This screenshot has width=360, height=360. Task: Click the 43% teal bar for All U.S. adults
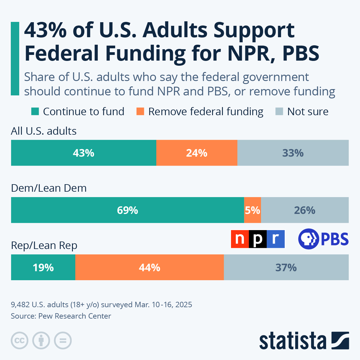[83, 153]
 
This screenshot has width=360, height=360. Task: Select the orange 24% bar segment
[196, 153]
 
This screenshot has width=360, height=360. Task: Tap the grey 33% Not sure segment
[293, 153]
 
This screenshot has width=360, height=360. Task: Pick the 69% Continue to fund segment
[127, 210]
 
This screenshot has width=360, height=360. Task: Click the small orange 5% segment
[252, 210]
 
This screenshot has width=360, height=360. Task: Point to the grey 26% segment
[304, 210]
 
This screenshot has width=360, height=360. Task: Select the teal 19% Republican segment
[43, 267]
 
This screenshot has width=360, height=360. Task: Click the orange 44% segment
[149, 267]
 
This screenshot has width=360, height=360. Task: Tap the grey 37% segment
[286, 267]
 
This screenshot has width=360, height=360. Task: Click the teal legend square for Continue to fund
[35, 112]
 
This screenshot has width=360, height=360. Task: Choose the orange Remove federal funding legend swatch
[140, 112]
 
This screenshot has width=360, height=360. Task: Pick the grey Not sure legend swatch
[279, 112]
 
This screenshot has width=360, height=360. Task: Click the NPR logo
[258, 239]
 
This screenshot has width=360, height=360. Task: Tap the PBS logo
[323, 239]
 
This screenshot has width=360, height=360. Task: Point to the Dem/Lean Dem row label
[49, 188]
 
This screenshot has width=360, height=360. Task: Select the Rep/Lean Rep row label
[44, 245]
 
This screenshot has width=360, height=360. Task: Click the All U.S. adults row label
[44, 131]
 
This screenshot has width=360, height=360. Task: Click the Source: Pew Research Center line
[61, 316]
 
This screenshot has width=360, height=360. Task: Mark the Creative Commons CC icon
[19, 341]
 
